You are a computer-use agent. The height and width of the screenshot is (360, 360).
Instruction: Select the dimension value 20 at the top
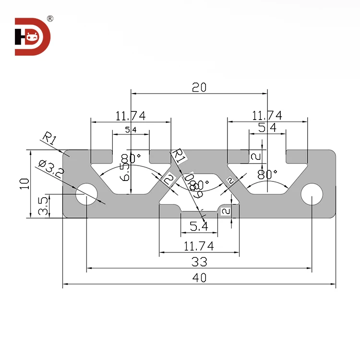tap(199, 87)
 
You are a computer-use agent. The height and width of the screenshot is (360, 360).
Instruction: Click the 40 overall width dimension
tap(199, 277)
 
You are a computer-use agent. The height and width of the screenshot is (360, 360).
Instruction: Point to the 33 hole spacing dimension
tap(199, 262)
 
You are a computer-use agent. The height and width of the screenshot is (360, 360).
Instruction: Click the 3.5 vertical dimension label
tap(43, 206)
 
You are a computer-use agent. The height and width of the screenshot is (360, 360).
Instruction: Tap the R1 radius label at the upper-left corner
tap(49, 139)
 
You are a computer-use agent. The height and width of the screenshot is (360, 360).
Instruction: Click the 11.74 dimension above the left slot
tap(131, 115)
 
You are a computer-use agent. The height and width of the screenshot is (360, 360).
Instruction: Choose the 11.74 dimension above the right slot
tap(267, 115)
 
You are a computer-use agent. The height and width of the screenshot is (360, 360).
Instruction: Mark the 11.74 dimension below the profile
tap(199, 246)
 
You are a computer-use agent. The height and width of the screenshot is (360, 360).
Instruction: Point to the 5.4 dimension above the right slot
tap(267, 128)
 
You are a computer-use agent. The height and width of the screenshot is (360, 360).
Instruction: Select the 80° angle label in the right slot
tap(268, 173)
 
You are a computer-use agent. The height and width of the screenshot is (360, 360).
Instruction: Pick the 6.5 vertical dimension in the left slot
tap(126, 168)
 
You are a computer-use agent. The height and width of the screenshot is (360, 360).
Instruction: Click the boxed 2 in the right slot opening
tap(256, 156)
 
